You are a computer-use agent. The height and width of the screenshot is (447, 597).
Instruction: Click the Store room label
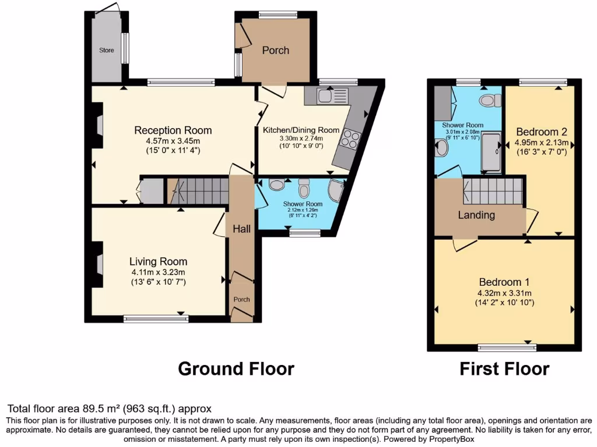[106, 51]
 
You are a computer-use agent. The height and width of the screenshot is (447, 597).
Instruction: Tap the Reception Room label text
[173, 130]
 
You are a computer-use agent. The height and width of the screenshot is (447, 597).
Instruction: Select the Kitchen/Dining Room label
[301, 130]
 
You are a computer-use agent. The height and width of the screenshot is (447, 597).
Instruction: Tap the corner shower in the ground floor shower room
[336, 189]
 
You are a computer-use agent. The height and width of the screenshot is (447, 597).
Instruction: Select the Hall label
[241, 229]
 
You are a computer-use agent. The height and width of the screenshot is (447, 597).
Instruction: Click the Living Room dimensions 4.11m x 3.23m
[158, 272]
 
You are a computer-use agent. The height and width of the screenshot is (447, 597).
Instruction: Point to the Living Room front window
[156, 318]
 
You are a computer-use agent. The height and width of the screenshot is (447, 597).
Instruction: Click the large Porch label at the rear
[275, 51]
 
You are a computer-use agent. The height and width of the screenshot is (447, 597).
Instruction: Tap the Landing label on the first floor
[476, 215]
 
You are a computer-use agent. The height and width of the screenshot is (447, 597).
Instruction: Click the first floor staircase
[493, 190]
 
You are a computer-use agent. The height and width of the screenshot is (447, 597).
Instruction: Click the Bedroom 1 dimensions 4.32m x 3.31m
[504, 293]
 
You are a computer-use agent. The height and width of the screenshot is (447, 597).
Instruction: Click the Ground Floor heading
[236, 368]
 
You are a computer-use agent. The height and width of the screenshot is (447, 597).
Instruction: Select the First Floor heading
[504, 368]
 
